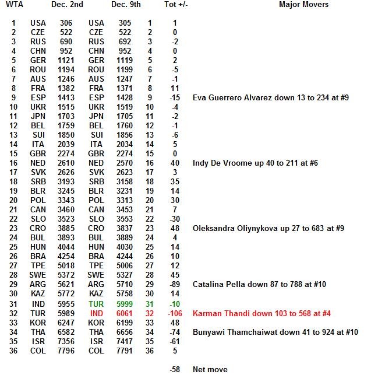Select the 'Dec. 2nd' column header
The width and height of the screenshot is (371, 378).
(x=67, y=5)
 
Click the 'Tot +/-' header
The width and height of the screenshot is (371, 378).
(x=176, y=5)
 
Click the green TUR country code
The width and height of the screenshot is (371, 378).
(x=96, y=304)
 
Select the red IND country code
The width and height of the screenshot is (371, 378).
(x=96, y=313)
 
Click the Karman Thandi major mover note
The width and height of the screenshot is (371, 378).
(x=262, y=313)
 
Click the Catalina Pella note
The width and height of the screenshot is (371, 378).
(x=259, y=285)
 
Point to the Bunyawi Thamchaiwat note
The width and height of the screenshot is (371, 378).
(x=275, y=332)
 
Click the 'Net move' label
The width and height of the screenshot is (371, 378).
(x=210, y=369)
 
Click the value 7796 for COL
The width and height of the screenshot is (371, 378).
(x=66, y=351)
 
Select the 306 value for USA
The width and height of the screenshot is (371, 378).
(x=66, y=23)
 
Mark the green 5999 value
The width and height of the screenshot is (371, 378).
(x=125, y=304)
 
